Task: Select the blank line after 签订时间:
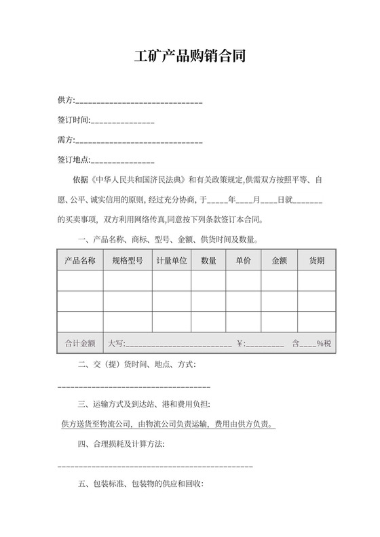[x=122, y=121]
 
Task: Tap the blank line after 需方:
[x=139, y=141]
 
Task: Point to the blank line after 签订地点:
[x=122, y=161]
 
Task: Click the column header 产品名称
[x=80, y=260]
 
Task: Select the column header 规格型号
[x=127, y=260]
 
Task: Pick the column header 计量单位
[x=171, y=260]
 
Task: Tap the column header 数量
[x=208, y=260]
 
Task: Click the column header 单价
[x=243, y=260]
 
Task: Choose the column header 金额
[x=279, y=260]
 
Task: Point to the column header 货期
[x=316, y=260]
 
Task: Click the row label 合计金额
[x=80, y=343]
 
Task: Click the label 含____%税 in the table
[x=311, y=344]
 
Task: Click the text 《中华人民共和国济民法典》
[x=138, y=181]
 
